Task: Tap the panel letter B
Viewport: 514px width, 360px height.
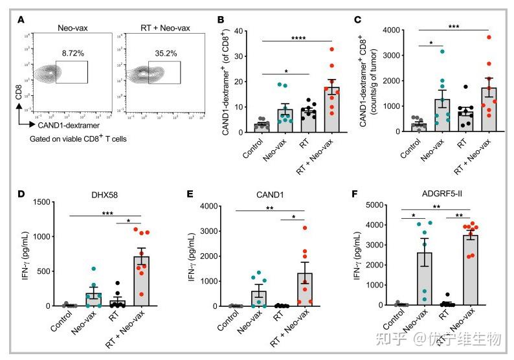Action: (x=221, y=19)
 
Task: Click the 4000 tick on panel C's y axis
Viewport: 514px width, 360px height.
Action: (x=385, y=30)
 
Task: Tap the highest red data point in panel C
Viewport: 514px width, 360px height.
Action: (x=489, y=38)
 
